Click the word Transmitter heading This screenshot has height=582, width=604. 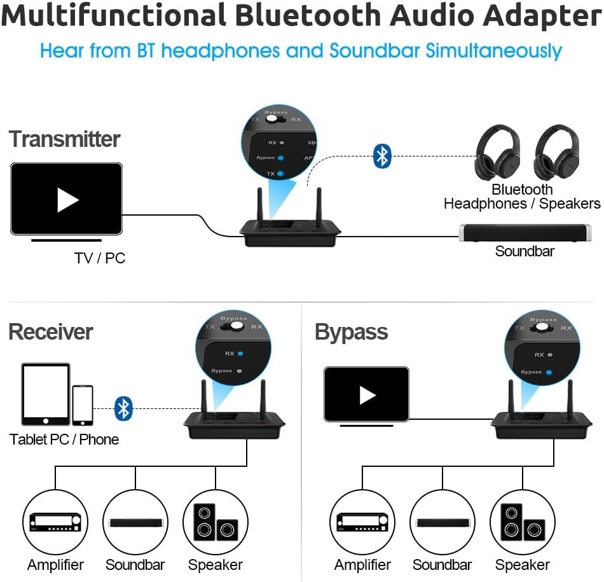[64, 139]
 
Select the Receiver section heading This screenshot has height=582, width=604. [50, 332]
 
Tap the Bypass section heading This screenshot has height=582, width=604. [351, 333]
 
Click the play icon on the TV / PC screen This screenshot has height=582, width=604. [67, 200]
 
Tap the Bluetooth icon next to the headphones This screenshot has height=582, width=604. [381, 156]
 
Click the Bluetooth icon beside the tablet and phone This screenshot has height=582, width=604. [123, 408]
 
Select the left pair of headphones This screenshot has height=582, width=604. [497, 153]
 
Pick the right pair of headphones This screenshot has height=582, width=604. [556, 153]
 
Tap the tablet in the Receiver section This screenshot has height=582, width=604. [46, 394]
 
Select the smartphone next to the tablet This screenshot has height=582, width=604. [83, 405]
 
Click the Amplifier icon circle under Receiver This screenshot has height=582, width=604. [55, 522]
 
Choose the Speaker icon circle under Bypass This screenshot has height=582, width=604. [523, 522]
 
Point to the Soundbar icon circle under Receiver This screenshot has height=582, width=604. [135, 522]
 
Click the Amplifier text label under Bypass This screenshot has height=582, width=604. [362, 565]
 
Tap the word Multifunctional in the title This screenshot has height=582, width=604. [114, 16]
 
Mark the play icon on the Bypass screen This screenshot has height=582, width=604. [367, 395]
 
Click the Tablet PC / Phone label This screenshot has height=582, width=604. [64, 440]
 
